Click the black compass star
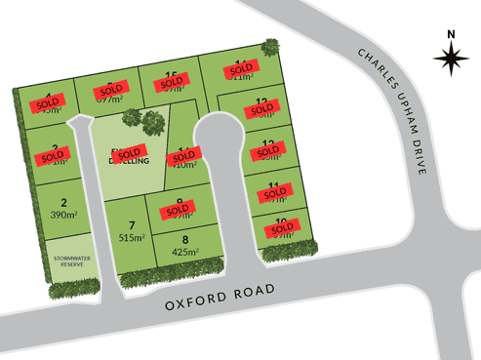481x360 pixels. [450, 61]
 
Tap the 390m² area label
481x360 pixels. [62, 215]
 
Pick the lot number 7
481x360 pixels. [131, 225]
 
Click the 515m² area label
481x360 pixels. [131, 237]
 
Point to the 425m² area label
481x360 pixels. [184, 250]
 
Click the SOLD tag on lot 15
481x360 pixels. [170, 87]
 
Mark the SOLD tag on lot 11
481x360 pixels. [274, 193]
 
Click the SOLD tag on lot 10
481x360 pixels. [281, 228]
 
